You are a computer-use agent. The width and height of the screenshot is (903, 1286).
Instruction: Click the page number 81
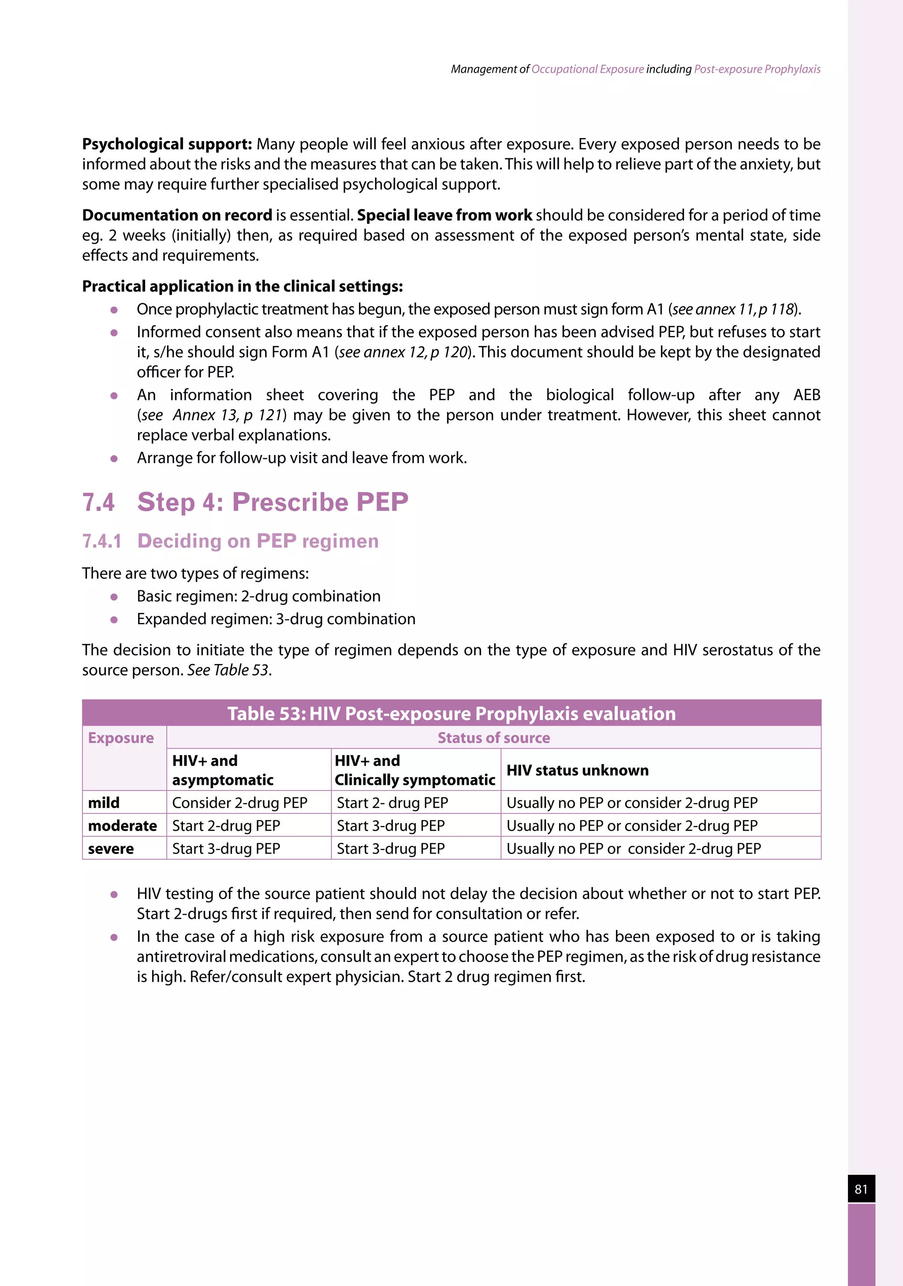click(x=861, y=1189)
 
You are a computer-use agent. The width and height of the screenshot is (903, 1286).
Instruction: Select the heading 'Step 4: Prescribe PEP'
click(x=273, y=502)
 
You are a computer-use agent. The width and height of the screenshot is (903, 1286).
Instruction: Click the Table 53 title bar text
click(x=451, y=714)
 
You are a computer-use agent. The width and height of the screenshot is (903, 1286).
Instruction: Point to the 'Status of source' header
click(x=493, y=738)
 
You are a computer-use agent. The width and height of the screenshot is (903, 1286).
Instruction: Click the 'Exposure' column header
click(x=121, y=738)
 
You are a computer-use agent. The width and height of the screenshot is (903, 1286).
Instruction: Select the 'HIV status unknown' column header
click(x=578, y=770)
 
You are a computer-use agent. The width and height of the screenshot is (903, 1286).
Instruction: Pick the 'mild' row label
click(x=104, y=803)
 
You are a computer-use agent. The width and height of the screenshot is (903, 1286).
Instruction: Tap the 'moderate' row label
click(x=122, y=826)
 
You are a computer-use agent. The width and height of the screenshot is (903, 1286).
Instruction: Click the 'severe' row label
click(x=111, y=849)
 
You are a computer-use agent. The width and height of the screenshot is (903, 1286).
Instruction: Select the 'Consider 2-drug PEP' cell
click(x=240, y=803)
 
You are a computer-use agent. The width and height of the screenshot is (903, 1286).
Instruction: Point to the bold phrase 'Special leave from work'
click(x=445, y=215)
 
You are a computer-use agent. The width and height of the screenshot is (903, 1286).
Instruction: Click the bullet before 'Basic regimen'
click(x=114, y=597)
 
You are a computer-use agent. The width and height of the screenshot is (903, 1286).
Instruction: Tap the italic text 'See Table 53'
click(x=228, y=670)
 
